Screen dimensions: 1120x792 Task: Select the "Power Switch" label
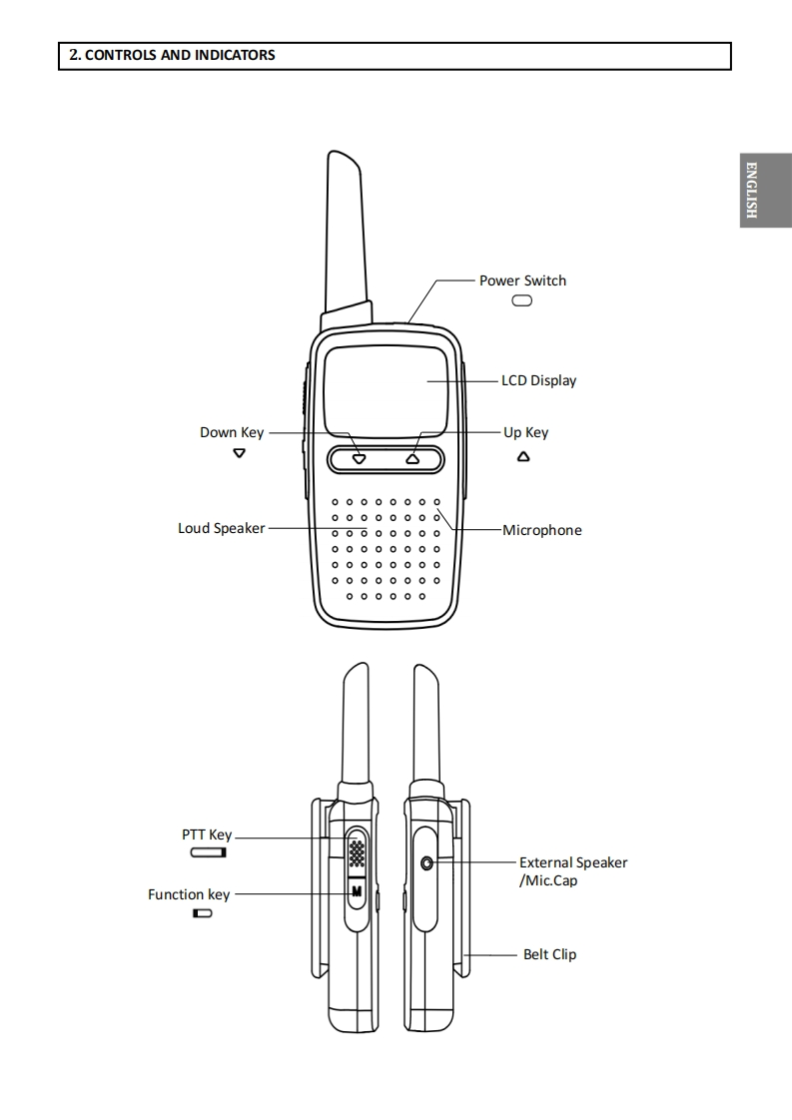point(522,280)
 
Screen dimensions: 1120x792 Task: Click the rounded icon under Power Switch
point(522,300)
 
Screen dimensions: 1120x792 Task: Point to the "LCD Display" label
point(538,380)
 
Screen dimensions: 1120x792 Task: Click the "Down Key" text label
point(232,432)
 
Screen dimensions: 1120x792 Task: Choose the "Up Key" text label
point(525,432)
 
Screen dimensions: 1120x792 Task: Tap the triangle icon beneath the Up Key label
point(523,456)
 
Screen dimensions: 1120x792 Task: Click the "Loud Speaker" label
point(222,528)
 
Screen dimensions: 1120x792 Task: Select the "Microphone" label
point(541,530)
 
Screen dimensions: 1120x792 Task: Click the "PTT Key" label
point(207,835)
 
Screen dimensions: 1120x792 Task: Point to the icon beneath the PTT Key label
point(209,853)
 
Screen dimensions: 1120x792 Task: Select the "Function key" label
point(189,894)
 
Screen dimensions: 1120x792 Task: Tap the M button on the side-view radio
point(357,890)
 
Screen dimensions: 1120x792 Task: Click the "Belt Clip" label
point(549,954)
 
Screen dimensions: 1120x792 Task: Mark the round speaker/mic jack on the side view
point(427,862)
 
